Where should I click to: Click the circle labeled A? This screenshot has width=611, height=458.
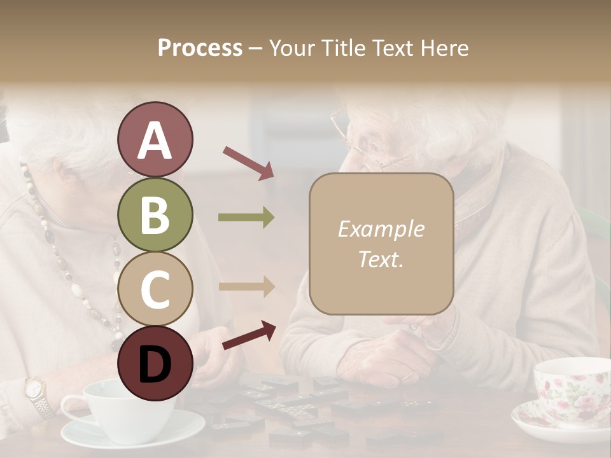pyautogui.click(x=155, y=140)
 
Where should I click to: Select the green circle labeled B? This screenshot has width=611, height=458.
pyautogui.click(x=155, y=215)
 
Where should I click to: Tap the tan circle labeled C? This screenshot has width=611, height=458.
pyautogui.click(x=155, y=289)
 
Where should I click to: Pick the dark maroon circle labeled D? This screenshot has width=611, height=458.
pyautogui.click(x=155, y=363)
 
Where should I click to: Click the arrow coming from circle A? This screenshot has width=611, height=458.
pyautogui.click(x=248, y=162)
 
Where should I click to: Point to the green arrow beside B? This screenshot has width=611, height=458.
pyautogui.click(x=246, y=218)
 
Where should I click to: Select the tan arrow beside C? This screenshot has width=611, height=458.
pyautogui.click(x=246, y=287)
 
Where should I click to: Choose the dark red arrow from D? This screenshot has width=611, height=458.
pyautogui.click(x=249, y=335)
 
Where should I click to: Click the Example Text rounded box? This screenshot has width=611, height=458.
pyautogui.click(x=381, y=244)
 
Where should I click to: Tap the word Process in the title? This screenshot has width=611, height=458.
pyautogui.click(x=200, y=48)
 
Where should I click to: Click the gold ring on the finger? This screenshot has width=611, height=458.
pyautogui.click(x=406, y=376)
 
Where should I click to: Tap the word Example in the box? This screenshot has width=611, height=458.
pyautogui.click(x=381, y=229)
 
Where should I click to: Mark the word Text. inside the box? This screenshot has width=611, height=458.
pyautogui.click(x=381, y=260)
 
